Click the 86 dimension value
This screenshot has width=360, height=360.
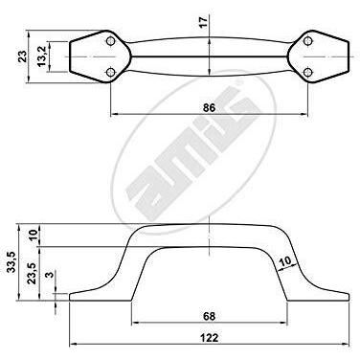tap(209, 107)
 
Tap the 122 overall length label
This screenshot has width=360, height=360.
tap(210, 338)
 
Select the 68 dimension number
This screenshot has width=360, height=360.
tap(209, 316)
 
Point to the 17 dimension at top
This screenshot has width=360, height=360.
tap(204, 22)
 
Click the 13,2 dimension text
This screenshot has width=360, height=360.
tap(42, 56)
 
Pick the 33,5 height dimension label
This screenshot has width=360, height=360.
tap(11, 262)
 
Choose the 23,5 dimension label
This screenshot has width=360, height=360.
tap(32, 274)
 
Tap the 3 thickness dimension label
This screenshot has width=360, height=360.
tap(51, 275)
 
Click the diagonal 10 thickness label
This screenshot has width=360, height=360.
tap(285, 261)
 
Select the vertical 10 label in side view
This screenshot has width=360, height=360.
tap(33, 236)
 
